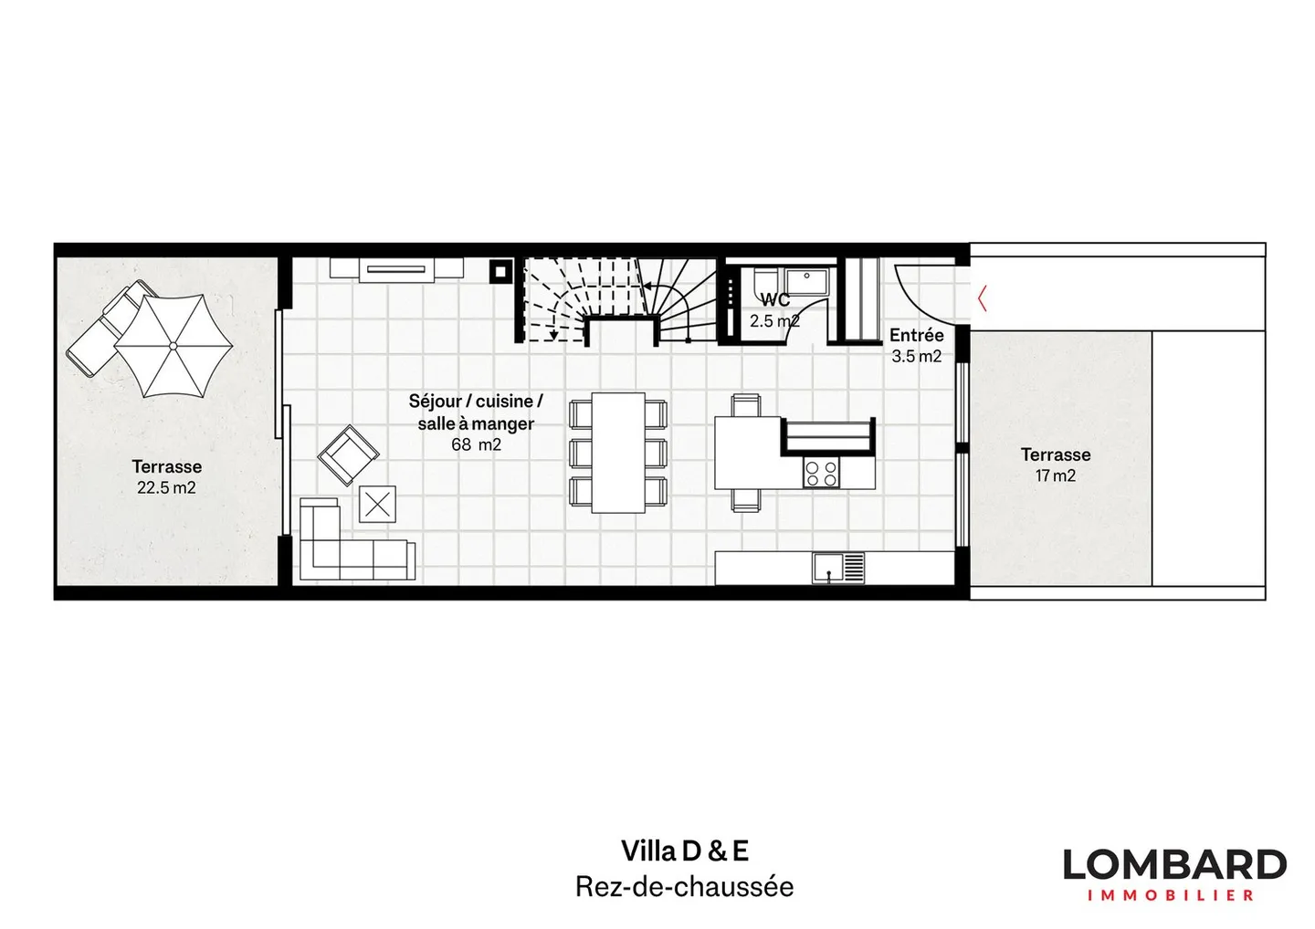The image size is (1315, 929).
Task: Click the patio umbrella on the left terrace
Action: (x=174, y=346)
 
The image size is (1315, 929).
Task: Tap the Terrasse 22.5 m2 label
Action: (x=166, y=476)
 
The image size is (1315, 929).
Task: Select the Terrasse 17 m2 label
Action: (x=1056, y=464)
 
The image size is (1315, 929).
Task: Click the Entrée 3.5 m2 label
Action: (x=916, y=345)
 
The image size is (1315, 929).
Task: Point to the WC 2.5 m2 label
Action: (x=774, y=310)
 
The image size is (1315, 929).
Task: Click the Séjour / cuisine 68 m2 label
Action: (x=476, y=423)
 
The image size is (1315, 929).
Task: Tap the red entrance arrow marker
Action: (x=982, y=298)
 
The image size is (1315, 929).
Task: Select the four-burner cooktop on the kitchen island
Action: (x=820, y=473)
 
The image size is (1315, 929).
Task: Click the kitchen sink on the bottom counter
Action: (x=829, y=568)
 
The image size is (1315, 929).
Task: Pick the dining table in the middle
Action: (x=618, y=452)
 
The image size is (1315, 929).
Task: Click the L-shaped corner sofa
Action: (x=347, y=548)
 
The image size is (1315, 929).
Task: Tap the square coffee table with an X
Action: (x=377, y=505)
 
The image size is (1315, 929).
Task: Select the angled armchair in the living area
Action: (x=348, y=454)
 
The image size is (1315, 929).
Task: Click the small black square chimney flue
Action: (x=500, y=271)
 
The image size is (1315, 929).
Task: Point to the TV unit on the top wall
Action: (x=396, y=268)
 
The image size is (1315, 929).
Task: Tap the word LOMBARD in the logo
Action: (x=1174, y=864)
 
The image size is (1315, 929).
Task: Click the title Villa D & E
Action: (x=684, y=851)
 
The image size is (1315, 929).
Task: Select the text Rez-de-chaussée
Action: (x=684, y=886)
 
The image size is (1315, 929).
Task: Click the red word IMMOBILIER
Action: (x=1171, y=895)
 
